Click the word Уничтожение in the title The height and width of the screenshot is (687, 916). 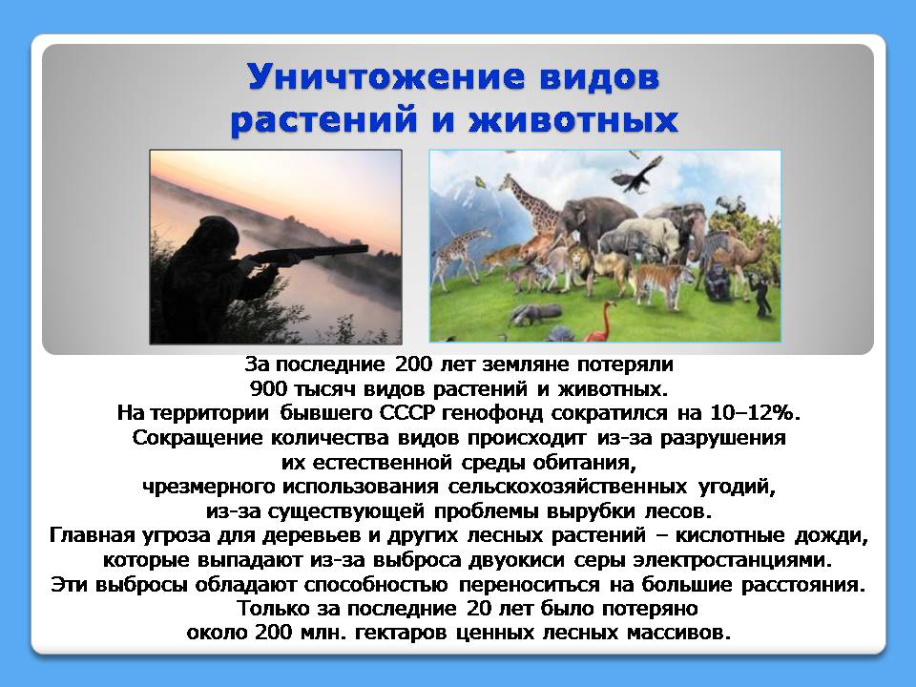pyautogui.click(x=386, y=76)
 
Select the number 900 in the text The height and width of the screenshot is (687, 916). pyautogui.click(x=267, y=388)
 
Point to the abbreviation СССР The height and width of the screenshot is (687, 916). pyautogui.click(x=407, y=413)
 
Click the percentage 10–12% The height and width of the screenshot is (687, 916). pyautogui.click(x=754, y=413)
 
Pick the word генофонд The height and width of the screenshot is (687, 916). pyautogui.click(x=493, y=413)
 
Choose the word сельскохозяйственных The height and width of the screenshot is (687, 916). pyautogui.click(x=567, y=487)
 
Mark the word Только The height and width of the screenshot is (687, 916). pyautogui.click(x=274, y=609)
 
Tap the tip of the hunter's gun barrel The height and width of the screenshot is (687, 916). pyautogui.click(x=366, y=249)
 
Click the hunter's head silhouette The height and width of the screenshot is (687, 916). pyautogui.click(x=219, y=235)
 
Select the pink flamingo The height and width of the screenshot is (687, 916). pyautogui.click(x=601, y=322)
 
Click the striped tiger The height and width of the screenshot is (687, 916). pyautogui.click(x=662, y=283)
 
